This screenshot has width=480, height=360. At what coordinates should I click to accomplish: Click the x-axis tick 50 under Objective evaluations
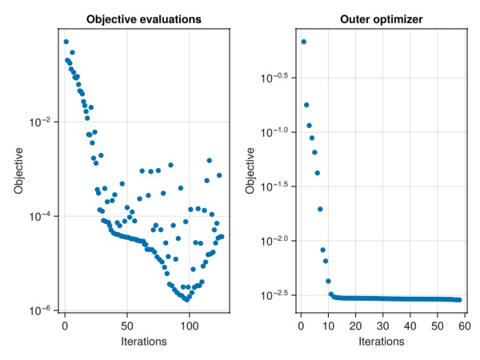[127, 326]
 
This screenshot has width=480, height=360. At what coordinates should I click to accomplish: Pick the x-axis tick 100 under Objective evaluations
[190, 326]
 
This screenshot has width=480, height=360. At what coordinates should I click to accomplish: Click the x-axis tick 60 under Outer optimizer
[464, 326]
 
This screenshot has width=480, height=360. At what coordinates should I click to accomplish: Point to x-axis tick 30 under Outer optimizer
[382, 326]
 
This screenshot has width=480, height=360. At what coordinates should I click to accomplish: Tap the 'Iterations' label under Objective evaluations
[144, 342]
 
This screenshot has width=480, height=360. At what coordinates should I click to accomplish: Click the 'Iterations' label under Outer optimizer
[382, 342]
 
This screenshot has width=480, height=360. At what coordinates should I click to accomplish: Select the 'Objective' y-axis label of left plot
[18, 171]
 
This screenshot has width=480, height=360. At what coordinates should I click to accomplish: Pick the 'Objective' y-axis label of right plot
[250, 171]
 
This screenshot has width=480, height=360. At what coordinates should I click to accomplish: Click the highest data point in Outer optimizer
[303, 42]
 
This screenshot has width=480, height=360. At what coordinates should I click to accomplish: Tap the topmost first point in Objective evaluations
[66, 42]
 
